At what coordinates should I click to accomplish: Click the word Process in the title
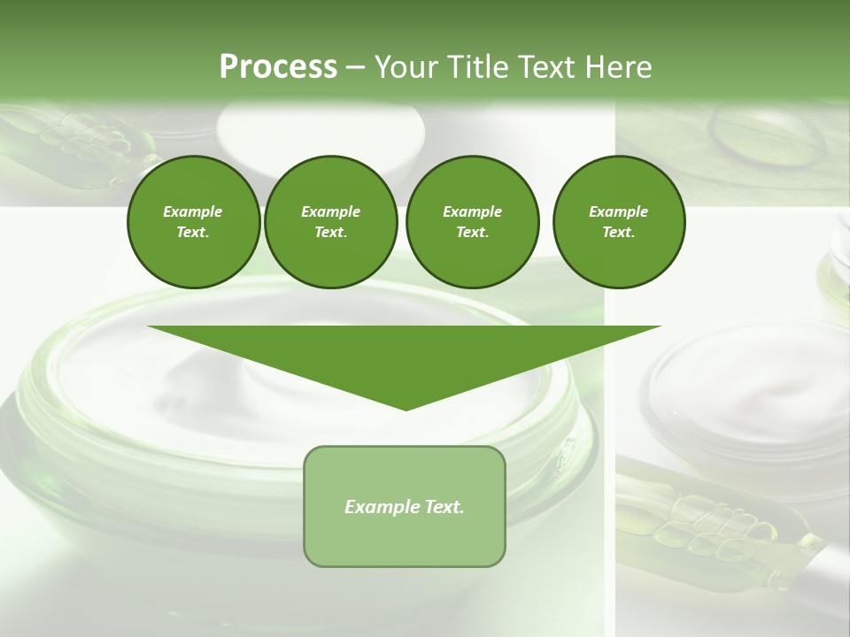pos(278,67)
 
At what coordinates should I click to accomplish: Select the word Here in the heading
pos(618,67)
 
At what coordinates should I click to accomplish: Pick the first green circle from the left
pos(193,222)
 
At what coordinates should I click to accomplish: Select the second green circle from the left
pos(330,222)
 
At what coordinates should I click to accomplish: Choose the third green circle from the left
pos(472,222)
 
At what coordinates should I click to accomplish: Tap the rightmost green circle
pos(618,222)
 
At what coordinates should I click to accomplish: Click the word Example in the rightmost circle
pos(618,211)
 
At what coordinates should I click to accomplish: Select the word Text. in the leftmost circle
pos(193,233)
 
